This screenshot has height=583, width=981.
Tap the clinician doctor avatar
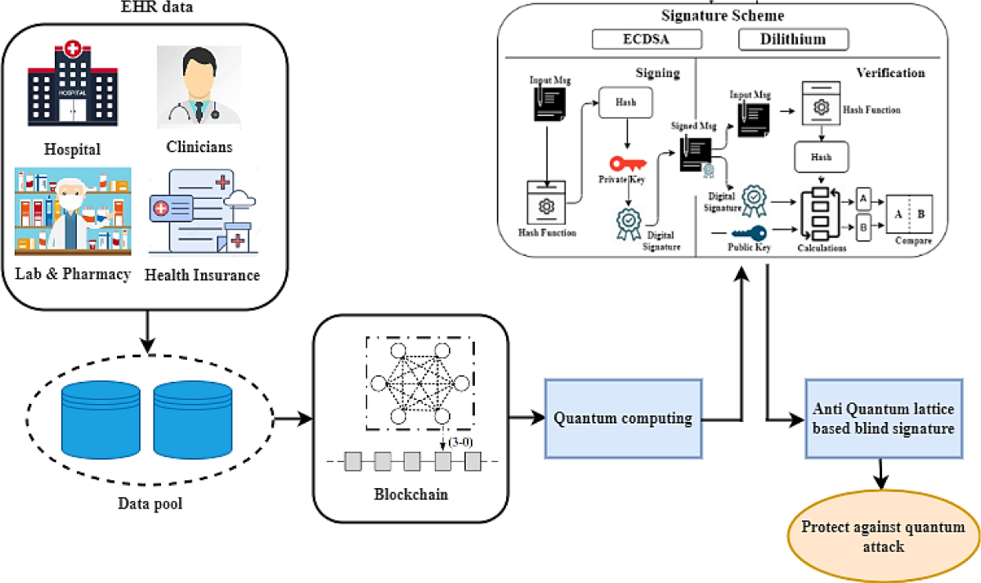[x=199, y=86]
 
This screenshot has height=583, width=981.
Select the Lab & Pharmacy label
[x=73, y=274]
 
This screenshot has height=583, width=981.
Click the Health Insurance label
[x=202, y=275]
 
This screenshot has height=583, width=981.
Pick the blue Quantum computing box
[x=623, y=419]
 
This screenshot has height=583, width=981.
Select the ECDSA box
[x=648, y=39]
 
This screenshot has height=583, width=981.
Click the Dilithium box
[x=793, y=39]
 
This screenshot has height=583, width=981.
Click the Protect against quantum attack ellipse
[x=881, y=536]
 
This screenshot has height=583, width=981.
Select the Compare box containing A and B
[x=909, y=216]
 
